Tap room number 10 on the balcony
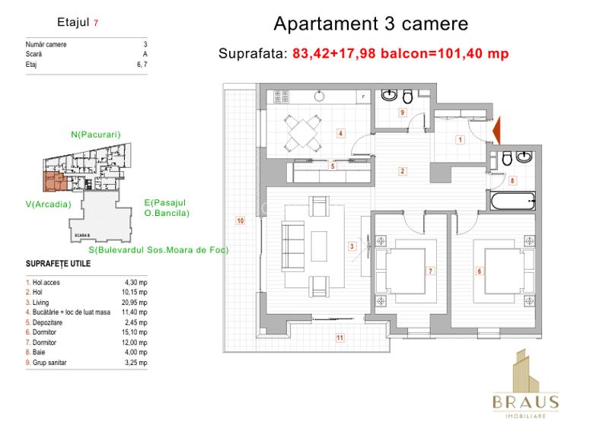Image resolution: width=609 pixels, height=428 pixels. [240, 221]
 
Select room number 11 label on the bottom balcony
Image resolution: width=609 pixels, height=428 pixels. [340, 338]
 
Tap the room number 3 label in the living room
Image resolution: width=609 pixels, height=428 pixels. [352, 246]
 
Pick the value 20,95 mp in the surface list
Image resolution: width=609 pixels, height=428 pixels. [137, 301]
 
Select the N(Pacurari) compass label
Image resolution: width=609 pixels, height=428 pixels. [96, 135]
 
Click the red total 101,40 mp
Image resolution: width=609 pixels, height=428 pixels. [470, 54]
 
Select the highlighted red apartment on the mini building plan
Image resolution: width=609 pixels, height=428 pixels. [54, 182]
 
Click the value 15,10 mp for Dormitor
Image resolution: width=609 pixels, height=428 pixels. [137, 331]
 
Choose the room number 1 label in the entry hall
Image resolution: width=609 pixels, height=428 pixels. [460, 139]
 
